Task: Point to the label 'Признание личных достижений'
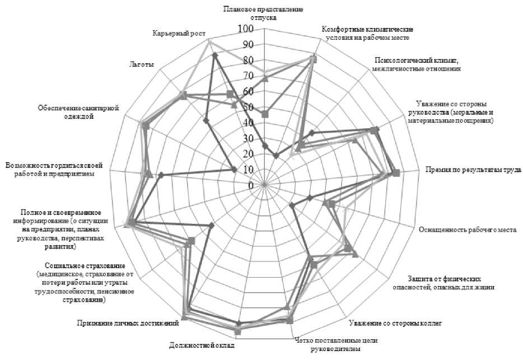(128, 322)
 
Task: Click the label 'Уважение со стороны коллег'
(395, 323)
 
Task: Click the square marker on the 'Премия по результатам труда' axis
(396, 173)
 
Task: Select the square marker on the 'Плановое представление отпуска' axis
(265, 114)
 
